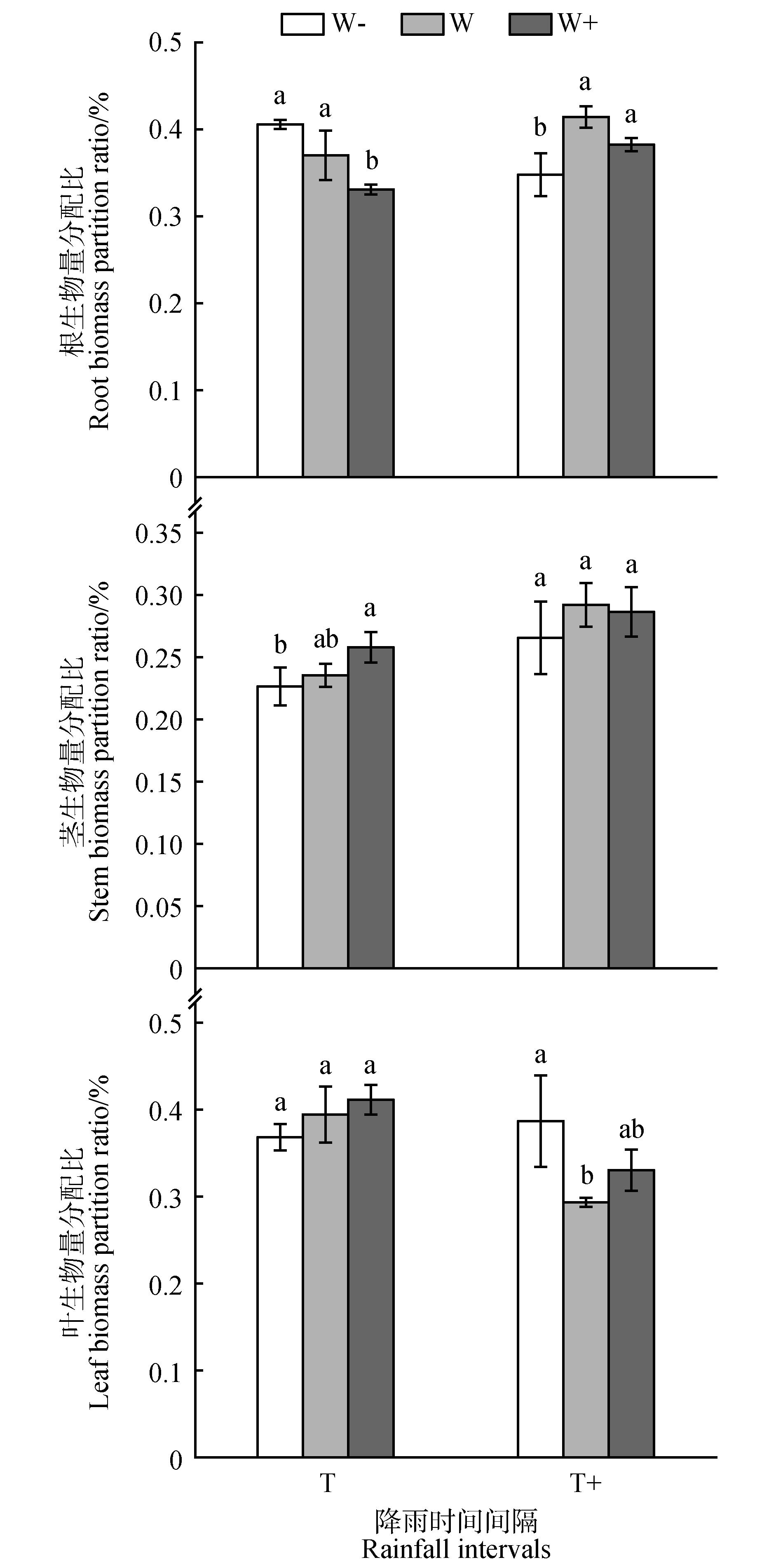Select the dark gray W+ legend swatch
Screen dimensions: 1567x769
tap(530, 24)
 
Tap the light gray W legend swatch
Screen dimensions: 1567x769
tap(422, 24)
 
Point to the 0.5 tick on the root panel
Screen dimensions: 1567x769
tap(166, 42)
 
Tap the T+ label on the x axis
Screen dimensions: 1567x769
tap(585, 1483)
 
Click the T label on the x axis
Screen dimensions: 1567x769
tap(327, 1483)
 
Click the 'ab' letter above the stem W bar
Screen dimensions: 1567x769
tap(326, 639)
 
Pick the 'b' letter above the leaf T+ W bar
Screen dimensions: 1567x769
tap(586, 1175)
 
